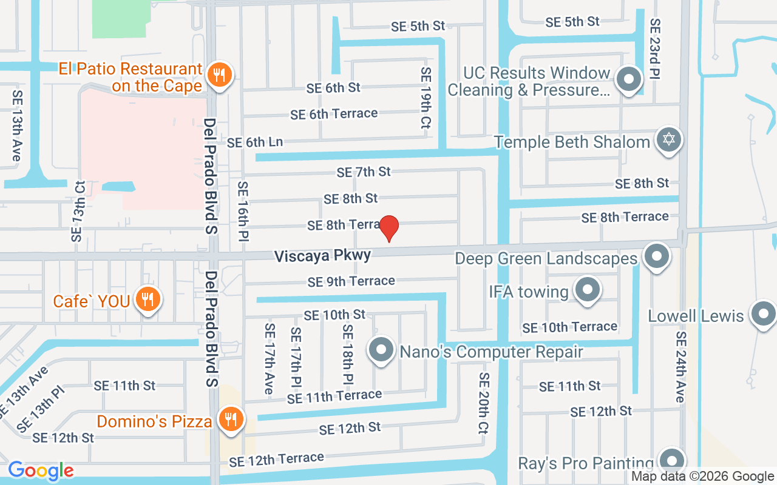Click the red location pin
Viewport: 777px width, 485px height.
click(x=388, y=228)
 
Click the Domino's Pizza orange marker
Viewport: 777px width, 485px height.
click(x=230, y=419)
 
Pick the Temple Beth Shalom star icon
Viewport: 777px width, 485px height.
click(x=668, y=140)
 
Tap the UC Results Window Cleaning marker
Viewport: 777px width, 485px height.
click(x=629, y=79)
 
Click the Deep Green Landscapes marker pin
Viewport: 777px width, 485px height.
click(x=656, y=256)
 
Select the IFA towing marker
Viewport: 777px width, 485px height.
click(x=587, y=290)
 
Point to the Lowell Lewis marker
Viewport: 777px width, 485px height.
click(x=763, y=315)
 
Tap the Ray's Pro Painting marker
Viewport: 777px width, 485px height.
click(x=671, y=461)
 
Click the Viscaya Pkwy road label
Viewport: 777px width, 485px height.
click(x=322, y=256)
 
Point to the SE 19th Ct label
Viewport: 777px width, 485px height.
click(x=426, y=98)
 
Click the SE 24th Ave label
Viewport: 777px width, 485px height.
click(x=680, y=367)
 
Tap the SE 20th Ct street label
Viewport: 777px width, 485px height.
click(x=484, y=404)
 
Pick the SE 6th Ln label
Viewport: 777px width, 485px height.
click(x=255, y=142)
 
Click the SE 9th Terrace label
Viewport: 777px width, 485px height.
click(x=351, y=281)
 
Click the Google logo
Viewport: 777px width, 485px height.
click(x=41, y=470)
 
